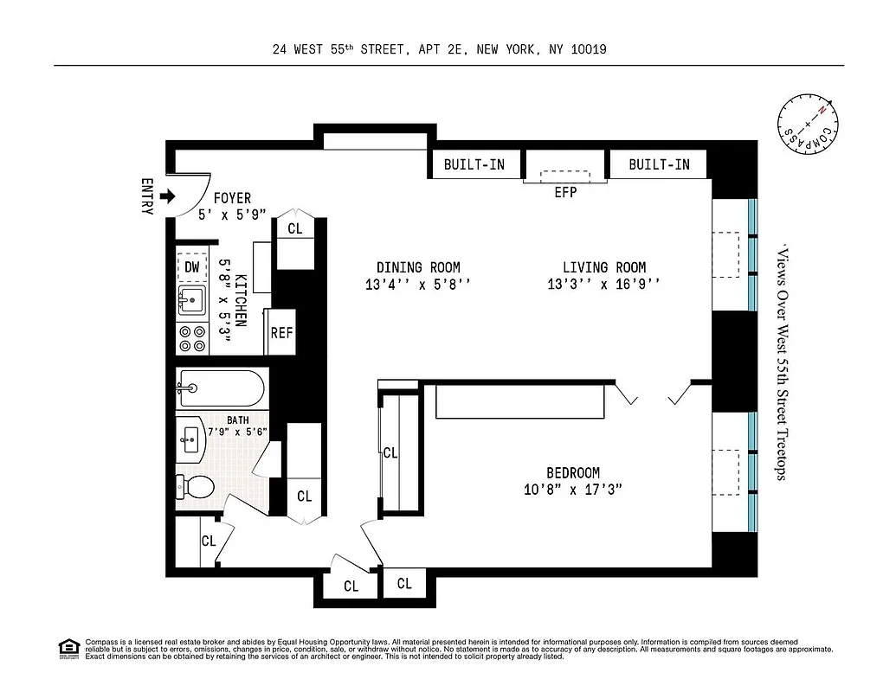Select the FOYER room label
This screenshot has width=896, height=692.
(x=232, y=199)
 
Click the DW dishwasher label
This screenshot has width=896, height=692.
(x=191, y=267)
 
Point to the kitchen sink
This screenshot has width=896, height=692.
(x=191, y=300)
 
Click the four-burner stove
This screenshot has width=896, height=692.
(x=191, y=338)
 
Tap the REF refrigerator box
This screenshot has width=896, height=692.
(x=281, y=332)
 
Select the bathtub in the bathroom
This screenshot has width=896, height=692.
(x=221, y=388)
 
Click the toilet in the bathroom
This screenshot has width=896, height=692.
(x=196, y=487)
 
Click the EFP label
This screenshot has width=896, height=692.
(x=565, y=193)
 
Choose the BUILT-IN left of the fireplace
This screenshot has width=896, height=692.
(x=474, y=164)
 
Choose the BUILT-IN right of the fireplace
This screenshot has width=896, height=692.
(x=659, y=164)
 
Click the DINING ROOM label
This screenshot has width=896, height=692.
(x=418, y=267)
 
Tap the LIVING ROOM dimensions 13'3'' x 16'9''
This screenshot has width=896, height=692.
(x=603, y=284)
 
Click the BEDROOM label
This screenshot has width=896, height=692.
(x=572, y=473)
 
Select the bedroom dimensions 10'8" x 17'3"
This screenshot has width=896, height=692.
(x=572, y=490)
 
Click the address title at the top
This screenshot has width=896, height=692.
(x=439, y=49)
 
